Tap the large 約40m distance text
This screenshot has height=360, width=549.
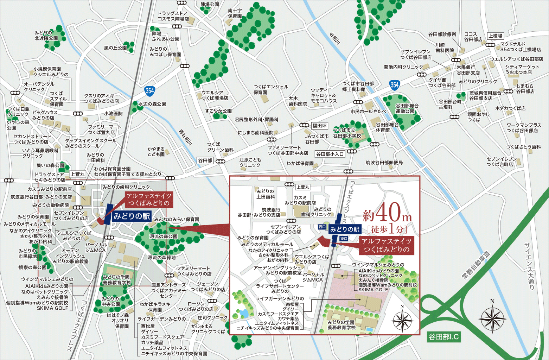pos(387,213)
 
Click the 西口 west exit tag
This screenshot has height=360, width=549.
pos(322,227)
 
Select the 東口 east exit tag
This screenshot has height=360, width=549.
pos(344,239)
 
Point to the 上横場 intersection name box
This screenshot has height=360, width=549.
pos(495,36)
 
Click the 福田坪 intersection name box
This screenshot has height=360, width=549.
pos(319,126)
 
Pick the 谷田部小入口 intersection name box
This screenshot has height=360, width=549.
pos(330,154)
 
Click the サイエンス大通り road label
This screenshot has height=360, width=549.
pos(529,266)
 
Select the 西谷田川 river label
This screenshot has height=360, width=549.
pos(185,137)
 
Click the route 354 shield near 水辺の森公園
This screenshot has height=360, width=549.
pos(150,90)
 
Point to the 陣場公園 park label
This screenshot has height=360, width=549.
pos(210,5)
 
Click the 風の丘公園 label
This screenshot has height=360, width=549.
pos(115,48)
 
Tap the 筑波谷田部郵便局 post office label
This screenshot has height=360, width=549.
pos(384,163)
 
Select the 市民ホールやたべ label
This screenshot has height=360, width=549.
pos(368,112)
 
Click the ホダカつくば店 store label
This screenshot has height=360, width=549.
pos(510,108)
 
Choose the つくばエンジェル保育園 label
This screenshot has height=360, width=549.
pos(271,89)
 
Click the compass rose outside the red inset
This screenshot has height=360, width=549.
pos(492,318)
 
